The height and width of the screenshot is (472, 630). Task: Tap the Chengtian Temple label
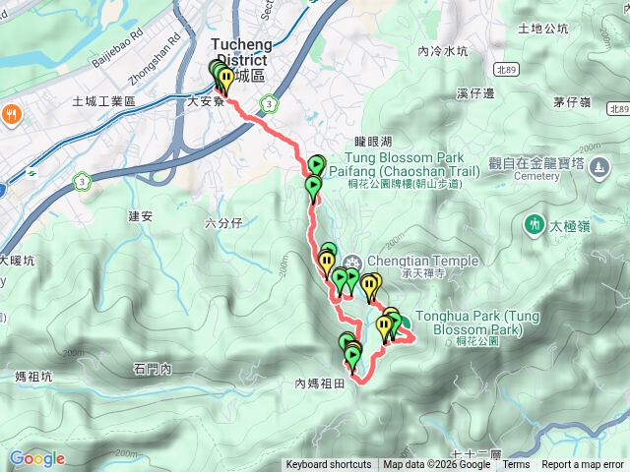pyautogui.click(x=422, y=261)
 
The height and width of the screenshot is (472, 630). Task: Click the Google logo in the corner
pyautogui.click(x=36, y=458)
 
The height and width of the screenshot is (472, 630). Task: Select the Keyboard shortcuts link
pyautogui.click(x=329, y=465)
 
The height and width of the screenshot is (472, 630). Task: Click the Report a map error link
pyautogui.click(x=583, y=465)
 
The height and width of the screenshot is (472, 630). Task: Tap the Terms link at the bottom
pyautogui.click(x=516, y=465)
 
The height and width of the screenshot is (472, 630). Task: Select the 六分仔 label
pyautogui.click(x=223, y=223)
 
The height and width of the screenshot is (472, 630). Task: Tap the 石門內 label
pyautogui.click(x=152, y=370)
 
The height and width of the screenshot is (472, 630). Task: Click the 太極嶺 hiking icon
pyautogui.click(x=534, y=224)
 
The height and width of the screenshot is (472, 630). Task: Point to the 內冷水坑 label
pyautogui.click(x=442, y=51)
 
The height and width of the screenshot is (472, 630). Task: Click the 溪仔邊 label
pyautogui.click(x=475, y=93)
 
